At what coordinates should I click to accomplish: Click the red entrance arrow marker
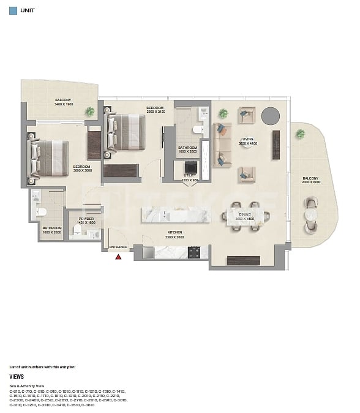(119, 257)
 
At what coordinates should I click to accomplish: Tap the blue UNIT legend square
(13, 10)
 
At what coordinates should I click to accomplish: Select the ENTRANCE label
(118, 248)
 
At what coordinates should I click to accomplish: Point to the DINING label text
(245, 214)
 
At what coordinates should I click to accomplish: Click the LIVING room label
(247, 139)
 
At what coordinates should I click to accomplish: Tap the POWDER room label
(86, 219)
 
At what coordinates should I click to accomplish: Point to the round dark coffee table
(270, 115)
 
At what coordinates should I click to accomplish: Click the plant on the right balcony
(300, 134)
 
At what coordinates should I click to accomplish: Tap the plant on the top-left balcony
(90, 112)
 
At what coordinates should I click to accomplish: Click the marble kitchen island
(176, 214)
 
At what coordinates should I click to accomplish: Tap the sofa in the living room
(222, 145)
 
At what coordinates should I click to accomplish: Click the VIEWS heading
(16, 377)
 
